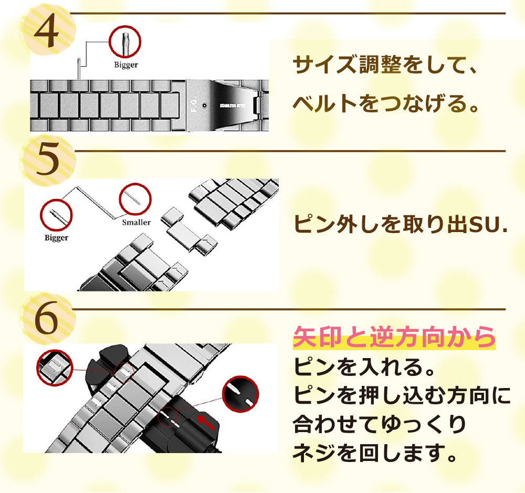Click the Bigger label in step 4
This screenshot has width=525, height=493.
pos(126,65)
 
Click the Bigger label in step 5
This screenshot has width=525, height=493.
pos(56,238)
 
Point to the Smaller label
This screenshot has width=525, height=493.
pos(136,223)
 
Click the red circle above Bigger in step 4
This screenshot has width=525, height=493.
pos(125,41)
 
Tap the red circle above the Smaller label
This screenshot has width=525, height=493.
pos(135,200)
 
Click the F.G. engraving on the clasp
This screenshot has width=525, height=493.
pos(194,105)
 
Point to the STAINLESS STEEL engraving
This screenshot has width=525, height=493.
pos(233,106)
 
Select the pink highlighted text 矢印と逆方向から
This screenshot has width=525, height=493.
pos(394,337)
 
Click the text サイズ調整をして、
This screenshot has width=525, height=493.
pos(385,65)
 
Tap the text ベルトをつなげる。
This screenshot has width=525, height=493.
pos(385,103)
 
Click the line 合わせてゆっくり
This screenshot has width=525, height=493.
pos(380,424)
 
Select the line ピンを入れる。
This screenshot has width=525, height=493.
pos(364,367)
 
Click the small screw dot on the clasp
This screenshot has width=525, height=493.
pos(204,106)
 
